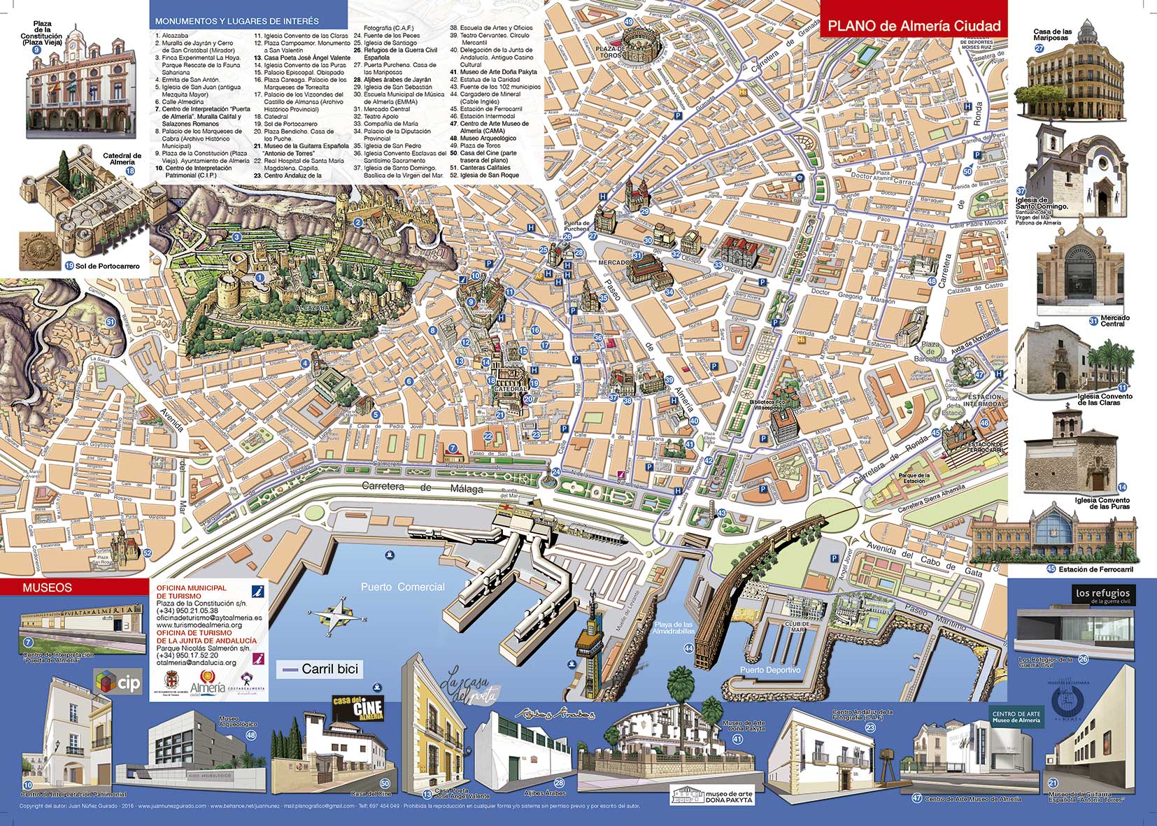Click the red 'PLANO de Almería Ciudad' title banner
point(914,26)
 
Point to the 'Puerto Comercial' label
point(402,587)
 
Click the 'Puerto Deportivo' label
point(770,669)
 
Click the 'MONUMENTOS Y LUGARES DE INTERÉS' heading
point(236,22)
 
